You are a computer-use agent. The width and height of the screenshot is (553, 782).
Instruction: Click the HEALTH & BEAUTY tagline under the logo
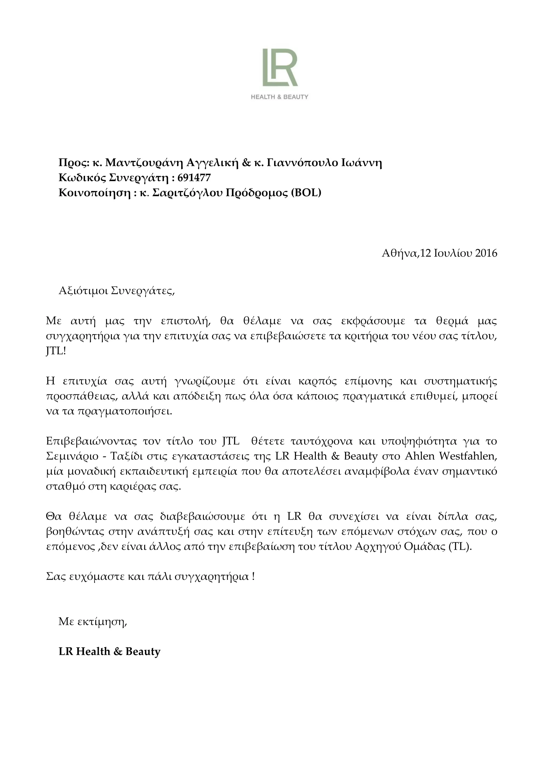[279, 97]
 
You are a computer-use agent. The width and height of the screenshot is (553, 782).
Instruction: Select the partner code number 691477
[194, 178]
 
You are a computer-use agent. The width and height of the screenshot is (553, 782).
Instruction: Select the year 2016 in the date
[486, 253]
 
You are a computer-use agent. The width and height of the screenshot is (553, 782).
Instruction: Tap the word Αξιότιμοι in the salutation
[83, 291]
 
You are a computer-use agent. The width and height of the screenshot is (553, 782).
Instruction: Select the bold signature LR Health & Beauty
[109, 652]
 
